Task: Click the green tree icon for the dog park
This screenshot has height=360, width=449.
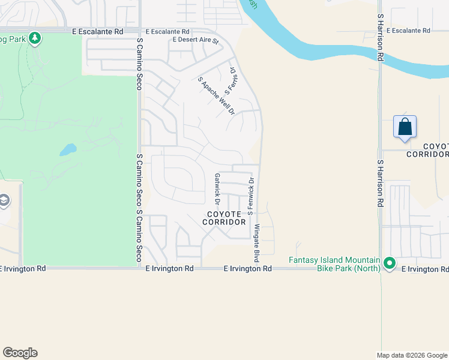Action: click(x=35, y=38)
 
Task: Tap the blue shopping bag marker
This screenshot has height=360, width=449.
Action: click(x=405, y=127)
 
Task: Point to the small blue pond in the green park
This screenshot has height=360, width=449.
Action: click(x=68, y=149)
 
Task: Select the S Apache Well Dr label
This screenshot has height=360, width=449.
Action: click(x=216, y=95)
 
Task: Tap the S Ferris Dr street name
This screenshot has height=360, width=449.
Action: click(x=231, y=81)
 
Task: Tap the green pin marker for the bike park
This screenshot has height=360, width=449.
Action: click(x=390, y=263)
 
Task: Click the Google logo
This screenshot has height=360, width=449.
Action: click(x=20, y=353)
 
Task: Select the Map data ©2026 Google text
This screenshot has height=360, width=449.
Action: click(x=412, y=355)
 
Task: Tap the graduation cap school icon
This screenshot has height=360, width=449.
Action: click(x=4, y=200)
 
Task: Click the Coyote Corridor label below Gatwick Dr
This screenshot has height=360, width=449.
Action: click(x=226, y=218)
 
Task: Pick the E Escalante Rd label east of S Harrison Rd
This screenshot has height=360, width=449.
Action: click(x=409, y=30)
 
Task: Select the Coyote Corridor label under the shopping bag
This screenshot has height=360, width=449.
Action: click(x=427, y=150)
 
